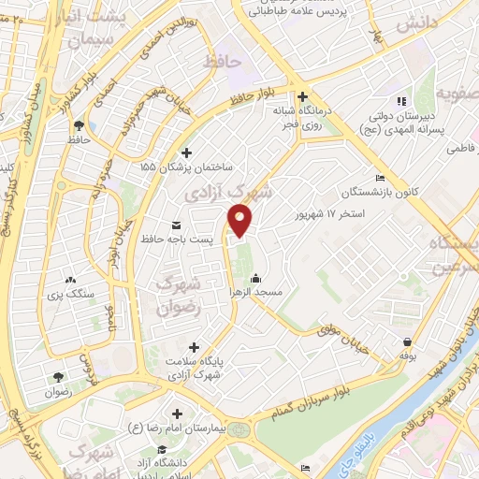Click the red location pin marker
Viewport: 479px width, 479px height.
pyautogui.click(x=240, y=220)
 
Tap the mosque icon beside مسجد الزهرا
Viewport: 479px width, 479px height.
pyautogui.click(x=256, y=277)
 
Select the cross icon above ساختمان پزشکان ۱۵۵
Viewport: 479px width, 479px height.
pyautogui.click(x=186, y=152)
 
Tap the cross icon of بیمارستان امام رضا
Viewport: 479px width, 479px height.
pyautogui.click(x=178, y=413)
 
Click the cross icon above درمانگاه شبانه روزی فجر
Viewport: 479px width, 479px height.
pyautogui.click(x=302, y=95)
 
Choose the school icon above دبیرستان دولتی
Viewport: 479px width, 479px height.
pyautogui.click(x=400, y=101)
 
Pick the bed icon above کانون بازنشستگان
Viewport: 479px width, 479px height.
pyautogui.click(x=379, y=179)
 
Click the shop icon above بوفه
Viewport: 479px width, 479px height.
pyautogui.click(x=407, y=341)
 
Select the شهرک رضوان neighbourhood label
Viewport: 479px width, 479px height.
pyautogui.click(x=176, y=295)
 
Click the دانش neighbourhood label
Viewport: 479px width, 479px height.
pyautogui.click(x=417, y=24)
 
